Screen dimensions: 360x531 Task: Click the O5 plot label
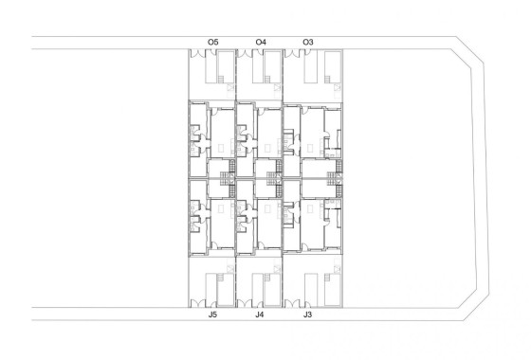[212, 42]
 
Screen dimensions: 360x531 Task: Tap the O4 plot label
[261, 42]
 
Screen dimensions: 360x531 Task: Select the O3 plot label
[307, 42]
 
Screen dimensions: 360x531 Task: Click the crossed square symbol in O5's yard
[230, 87]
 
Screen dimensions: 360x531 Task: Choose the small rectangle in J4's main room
[267, 207]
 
